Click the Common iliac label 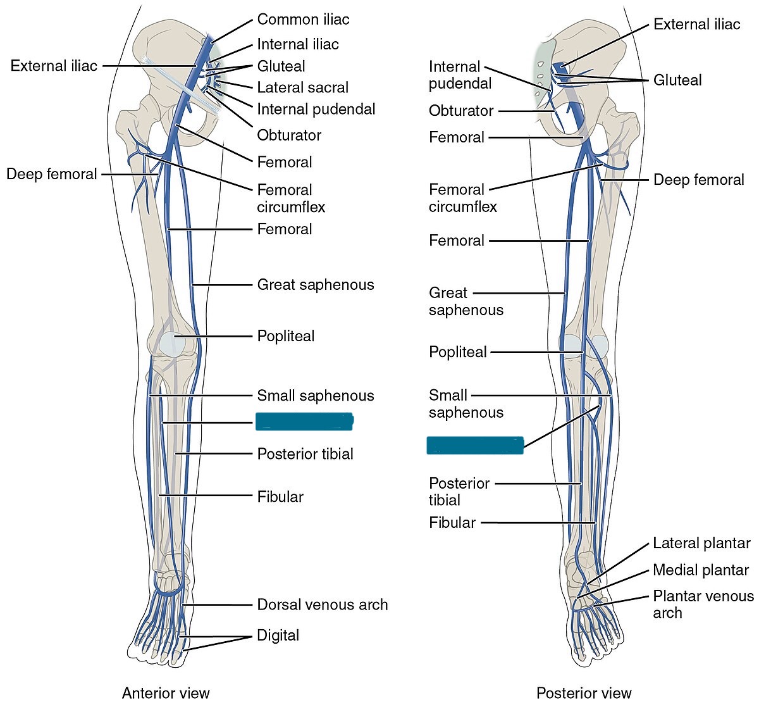point(303,20)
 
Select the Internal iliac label point(297,44)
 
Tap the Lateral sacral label point(302,87)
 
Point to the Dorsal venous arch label point(322,604)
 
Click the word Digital point(278,635)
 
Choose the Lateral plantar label point(701,543)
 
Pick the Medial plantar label point(701,570)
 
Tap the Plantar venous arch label point(703,604)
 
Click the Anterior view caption point(166,692)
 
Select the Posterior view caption point(584,692)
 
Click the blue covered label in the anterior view point(304,422)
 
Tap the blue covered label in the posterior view point(475,445)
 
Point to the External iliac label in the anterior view point(54,66)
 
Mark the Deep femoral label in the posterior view point(698,180)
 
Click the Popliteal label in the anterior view point(285,336)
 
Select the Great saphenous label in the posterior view point(466,301)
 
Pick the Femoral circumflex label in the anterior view point(290,198)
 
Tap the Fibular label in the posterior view point(452,523)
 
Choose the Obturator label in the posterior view point(460,111)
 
